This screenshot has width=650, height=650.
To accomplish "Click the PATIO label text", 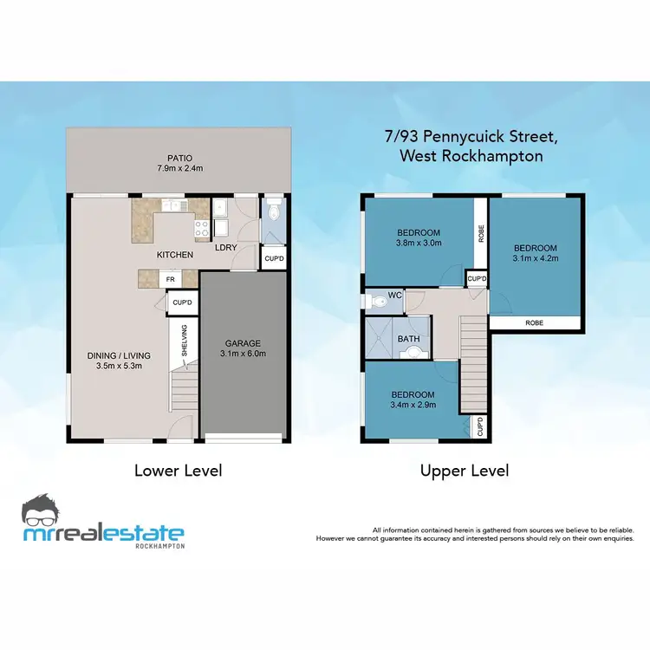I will (x=179, y=158).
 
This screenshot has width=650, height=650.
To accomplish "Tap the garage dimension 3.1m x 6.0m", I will (x=243, y=354).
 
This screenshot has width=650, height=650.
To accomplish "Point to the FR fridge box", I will (x=172, y=280).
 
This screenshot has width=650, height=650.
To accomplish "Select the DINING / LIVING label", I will (x=120, y=355).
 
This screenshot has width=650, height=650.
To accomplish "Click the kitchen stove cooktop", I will (x=202, y=229).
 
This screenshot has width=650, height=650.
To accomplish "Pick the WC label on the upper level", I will (x=395, y=296).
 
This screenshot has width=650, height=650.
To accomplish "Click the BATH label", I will (x=407, y=339).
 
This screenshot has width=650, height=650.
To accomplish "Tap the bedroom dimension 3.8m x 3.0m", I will (x=419, y=244).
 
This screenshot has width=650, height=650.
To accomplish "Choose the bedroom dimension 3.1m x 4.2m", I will (x=535, y=257).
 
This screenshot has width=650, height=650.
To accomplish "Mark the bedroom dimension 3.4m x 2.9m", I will (x=412, y=406).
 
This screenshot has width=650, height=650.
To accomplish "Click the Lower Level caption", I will (x=178, y=471).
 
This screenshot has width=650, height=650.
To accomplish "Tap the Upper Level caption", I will (x=465, y=471).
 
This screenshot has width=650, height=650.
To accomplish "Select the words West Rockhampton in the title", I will (x=471, y=156).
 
